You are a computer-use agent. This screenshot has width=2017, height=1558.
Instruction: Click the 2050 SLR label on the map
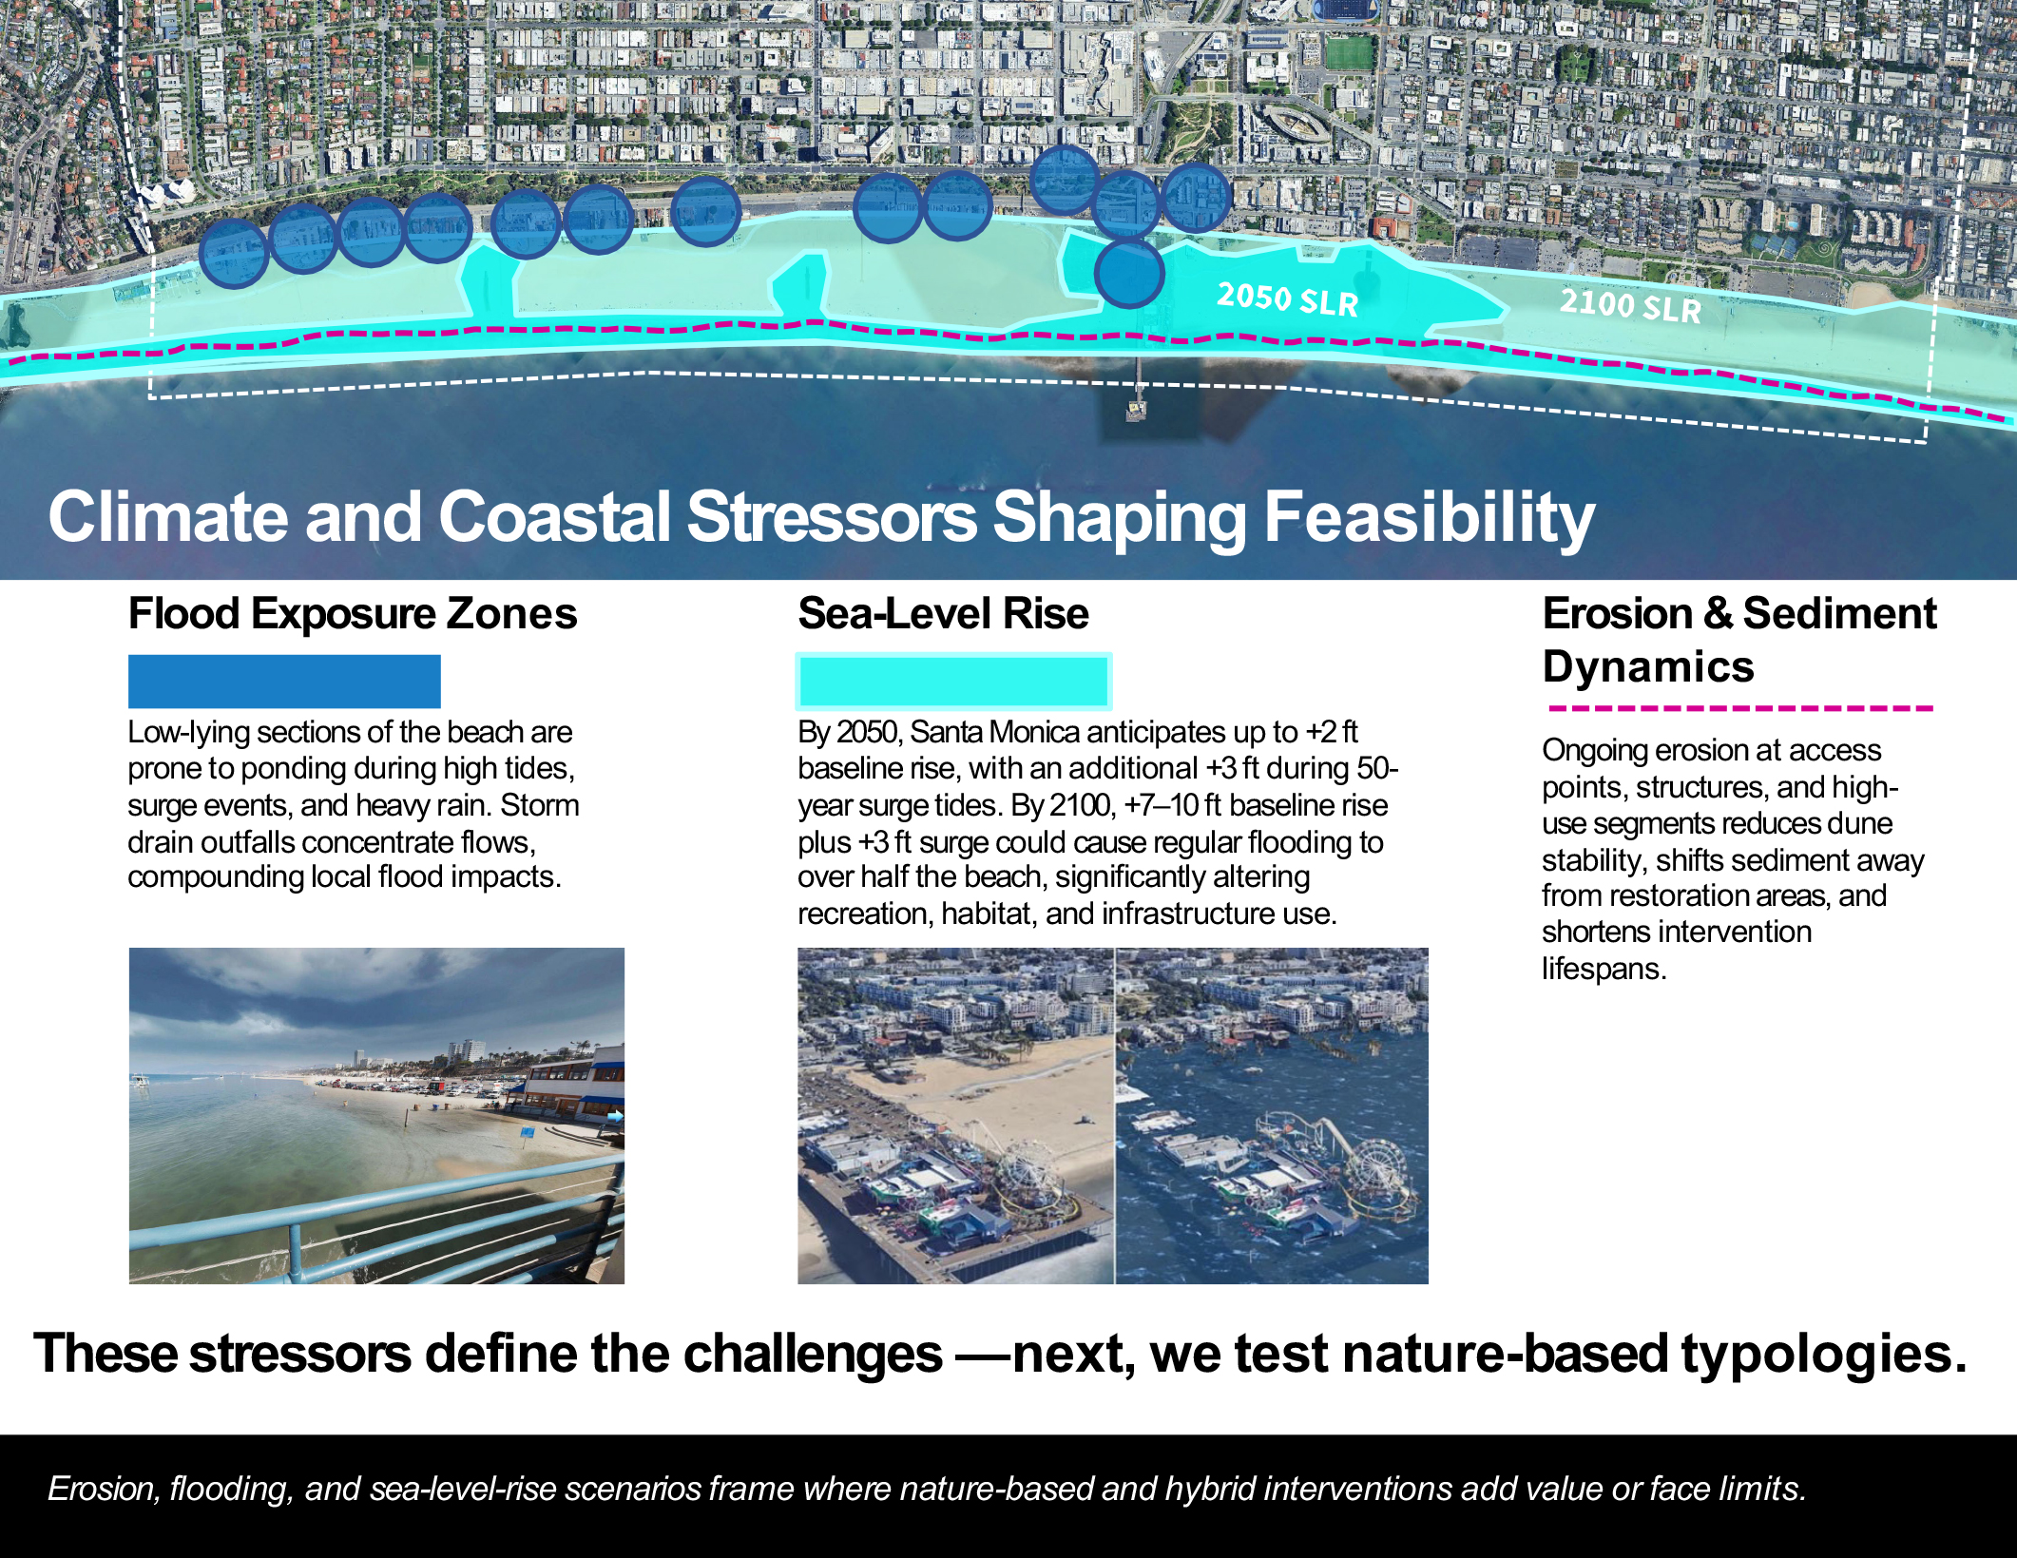point(1288,299)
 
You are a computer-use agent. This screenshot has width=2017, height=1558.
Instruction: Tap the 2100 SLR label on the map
point(1630,306)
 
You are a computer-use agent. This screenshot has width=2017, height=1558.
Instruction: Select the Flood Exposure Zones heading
point(353,614)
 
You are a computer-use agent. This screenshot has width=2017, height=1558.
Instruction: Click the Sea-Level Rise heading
point(943,614)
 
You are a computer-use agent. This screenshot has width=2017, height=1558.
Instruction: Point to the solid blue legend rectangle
point(284,681)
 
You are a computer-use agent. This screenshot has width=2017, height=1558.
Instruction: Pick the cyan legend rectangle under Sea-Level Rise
point(953,681)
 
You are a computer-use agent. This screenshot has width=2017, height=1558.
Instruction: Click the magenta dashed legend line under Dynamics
point(1739,708)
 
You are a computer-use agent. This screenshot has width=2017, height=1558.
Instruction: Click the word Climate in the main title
point(167,517)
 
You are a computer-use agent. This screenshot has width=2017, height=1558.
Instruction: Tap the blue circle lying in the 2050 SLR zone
point(1128,274)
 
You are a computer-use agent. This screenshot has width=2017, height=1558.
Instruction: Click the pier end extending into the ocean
point(1136,411)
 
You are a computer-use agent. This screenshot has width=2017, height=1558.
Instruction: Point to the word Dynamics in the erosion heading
point(1648,667)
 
